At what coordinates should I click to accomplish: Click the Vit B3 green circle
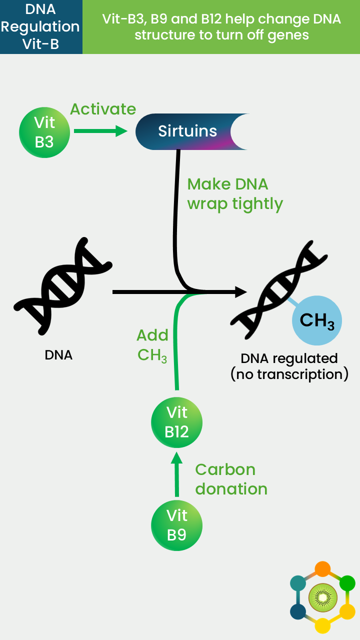click(44, 132)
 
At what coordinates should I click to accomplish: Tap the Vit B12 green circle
click(176, 422)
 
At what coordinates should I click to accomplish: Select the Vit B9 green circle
click(176, 525)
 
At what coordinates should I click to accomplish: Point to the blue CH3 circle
click(317, 320)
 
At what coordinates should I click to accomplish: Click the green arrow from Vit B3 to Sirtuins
click(100, 131)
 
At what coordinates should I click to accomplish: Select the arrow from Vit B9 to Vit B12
click(177, 474)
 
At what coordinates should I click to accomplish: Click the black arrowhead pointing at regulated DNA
click(241, 291)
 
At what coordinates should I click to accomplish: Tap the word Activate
click(103, 109)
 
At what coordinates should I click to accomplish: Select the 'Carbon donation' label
click(231, 479)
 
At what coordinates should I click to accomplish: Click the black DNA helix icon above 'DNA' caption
click(63, 285)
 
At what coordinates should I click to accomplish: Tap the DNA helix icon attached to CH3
click(278, 289)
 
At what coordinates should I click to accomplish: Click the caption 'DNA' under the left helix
click(58, 355)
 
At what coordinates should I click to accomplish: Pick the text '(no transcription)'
click(289, 374)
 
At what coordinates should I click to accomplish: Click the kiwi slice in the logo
click(323, 597)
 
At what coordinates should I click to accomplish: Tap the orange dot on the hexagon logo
click(322, 569)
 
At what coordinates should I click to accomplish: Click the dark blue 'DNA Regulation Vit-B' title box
click(41, 27)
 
